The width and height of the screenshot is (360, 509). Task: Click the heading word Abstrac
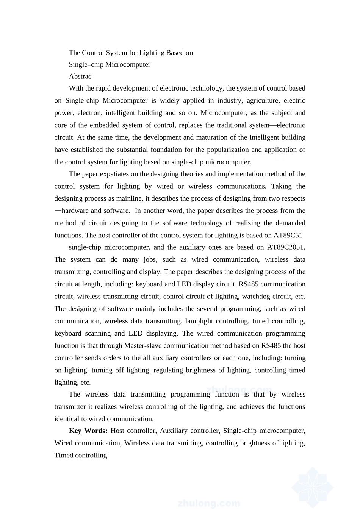pos(80,76)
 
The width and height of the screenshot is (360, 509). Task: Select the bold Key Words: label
pos(88,431)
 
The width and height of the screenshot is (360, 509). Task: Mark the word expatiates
pos(114,174)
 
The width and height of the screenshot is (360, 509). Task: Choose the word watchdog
pos(256,296)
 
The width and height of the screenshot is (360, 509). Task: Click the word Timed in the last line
pos(64,455)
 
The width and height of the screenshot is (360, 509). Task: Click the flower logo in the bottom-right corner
pos(313,486)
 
